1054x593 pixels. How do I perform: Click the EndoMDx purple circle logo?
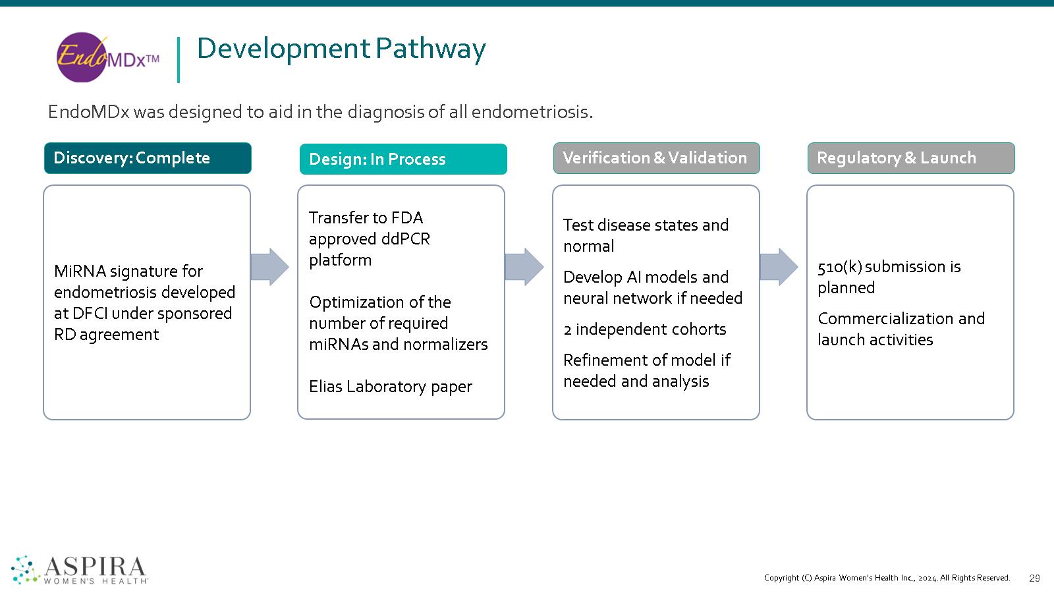(108, 57)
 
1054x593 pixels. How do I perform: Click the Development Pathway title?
(341, 49)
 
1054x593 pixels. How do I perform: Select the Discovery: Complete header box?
(148, 158)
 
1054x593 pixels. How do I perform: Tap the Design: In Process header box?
(403, 159)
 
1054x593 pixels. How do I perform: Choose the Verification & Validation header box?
(656, 158)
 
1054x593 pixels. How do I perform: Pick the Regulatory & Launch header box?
(911, 158)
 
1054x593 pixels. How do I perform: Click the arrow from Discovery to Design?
(269, 267)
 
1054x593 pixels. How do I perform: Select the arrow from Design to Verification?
(524, 267)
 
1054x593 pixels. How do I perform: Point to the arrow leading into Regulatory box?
(779, 267)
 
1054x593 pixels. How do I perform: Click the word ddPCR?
(406, 239)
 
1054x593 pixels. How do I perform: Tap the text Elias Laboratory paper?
(390, 387)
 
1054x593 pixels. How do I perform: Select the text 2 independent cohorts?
(645, 329)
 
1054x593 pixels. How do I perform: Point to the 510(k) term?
(840, 268)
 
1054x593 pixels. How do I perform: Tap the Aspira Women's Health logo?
(79, 569)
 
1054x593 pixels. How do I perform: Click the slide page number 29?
(1034, 579)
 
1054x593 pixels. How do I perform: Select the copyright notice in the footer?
(887, 578)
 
